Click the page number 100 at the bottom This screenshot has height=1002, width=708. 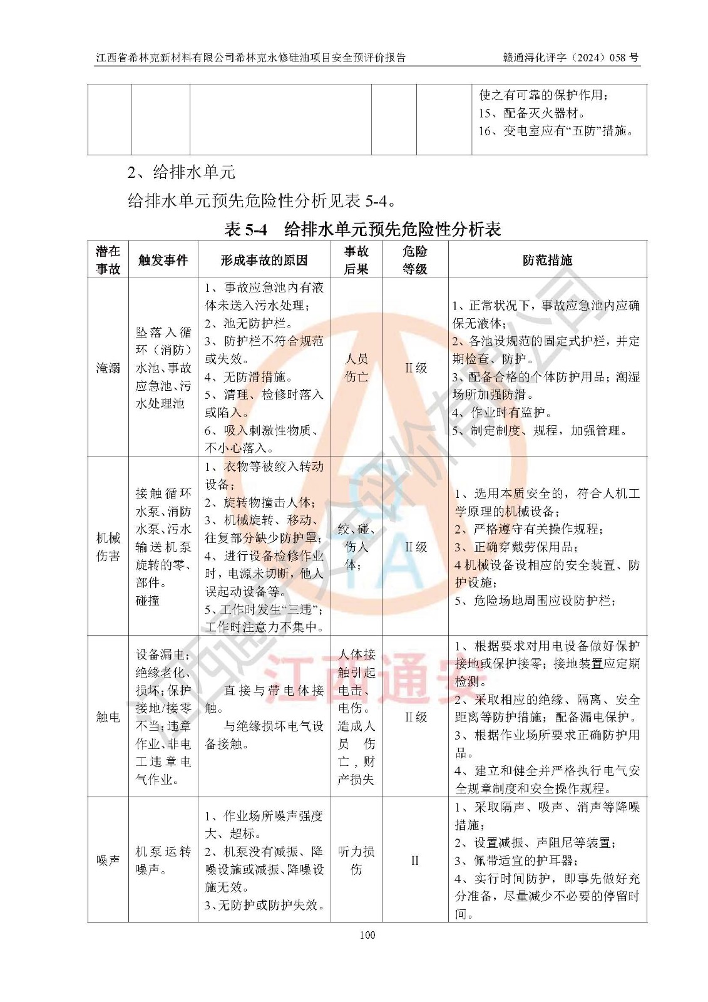367,935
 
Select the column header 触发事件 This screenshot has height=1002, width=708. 163,260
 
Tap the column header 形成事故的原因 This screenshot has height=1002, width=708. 264,260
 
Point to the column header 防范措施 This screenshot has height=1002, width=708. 547,260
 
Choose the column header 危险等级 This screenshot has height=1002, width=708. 414,260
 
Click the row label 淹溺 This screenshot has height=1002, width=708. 108,368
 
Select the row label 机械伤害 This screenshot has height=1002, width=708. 108,547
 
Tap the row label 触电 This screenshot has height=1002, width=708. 108,717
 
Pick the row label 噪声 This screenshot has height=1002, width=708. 108,860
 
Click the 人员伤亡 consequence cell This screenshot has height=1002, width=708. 356,368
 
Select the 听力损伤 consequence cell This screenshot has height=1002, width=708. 356,860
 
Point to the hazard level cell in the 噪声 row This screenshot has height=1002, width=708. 414,860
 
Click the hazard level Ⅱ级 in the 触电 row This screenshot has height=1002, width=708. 415,717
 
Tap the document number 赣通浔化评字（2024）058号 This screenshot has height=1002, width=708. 570,58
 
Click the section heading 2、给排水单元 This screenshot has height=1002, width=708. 181,172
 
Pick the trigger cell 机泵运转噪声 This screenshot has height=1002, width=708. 163,860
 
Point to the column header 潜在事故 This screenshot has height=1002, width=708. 108,260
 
